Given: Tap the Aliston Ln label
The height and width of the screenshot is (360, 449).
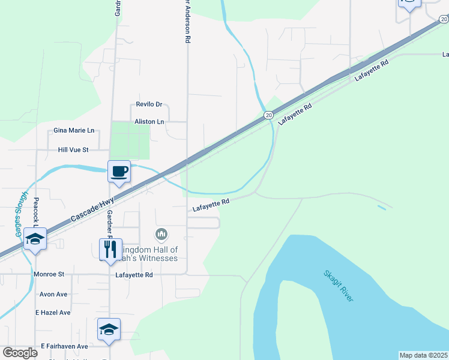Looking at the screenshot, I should pyautogui.click(x=149, y=121).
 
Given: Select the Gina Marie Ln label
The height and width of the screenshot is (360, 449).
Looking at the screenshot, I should pyautogui.click(x=74, y=130).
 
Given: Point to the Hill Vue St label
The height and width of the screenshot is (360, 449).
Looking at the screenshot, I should pyautogui.click(x=73, y=149).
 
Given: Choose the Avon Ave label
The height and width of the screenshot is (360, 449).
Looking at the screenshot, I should pyautogui.click(x=53, y=295).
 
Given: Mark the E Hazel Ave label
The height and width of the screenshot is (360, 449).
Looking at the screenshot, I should pyautogui.click(x=53, y=313).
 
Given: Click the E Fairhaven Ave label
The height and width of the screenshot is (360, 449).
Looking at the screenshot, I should pyautogui.click(x=65, y=346).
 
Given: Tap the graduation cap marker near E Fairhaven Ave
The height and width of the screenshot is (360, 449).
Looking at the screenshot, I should pyautogui.click(x=109, y=330).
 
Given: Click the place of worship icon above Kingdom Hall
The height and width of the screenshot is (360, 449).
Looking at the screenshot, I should pyautogui.click(x=161, y=233).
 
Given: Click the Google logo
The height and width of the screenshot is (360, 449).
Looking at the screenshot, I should pyautogui.click(x=20, y=352).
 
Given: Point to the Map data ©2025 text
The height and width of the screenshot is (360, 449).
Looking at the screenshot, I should pyautogui.click(x=424, y=355).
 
